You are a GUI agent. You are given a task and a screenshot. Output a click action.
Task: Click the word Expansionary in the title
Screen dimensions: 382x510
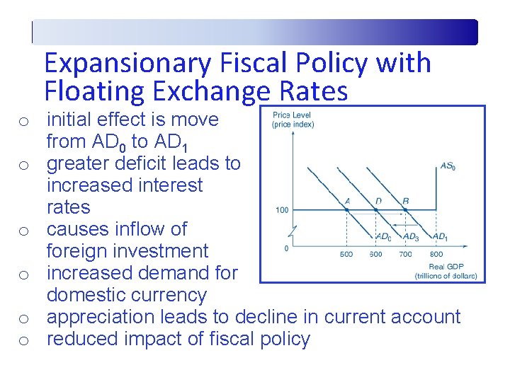[127, 63]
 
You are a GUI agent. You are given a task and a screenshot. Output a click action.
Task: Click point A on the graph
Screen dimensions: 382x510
[346, 209]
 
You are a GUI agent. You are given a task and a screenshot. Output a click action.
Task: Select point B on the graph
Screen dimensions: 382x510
[404, 209]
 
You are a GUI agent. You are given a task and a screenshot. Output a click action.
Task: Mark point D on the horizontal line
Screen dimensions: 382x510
[375, 209]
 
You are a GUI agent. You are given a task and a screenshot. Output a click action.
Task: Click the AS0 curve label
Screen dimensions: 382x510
[448, 167]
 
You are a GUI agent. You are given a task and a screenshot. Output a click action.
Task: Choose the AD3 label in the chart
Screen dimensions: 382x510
[411, 236]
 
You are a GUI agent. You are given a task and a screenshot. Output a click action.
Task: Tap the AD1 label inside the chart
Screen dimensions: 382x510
[439, 236]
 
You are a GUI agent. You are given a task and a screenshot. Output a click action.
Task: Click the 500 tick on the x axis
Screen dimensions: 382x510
[346, 254]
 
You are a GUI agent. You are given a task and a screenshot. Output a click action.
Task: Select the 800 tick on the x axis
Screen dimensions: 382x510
[436, 254]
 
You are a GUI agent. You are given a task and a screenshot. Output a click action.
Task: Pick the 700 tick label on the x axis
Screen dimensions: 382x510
[405, 254]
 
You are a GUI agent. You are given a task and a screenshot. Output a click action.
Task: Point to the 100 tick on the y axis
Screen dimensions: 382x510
[282, 210]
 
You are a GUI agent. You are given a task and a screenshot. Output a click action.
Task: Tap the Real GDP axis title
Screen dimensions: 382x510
[446, 267]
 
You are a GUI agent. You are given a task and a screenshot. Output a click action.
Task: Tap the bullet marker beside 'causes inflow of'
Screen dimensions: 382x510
[23, 231]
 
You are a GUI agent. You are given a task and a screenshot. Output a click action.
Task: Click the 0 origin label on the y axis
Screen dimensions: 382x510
[286, 248]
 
